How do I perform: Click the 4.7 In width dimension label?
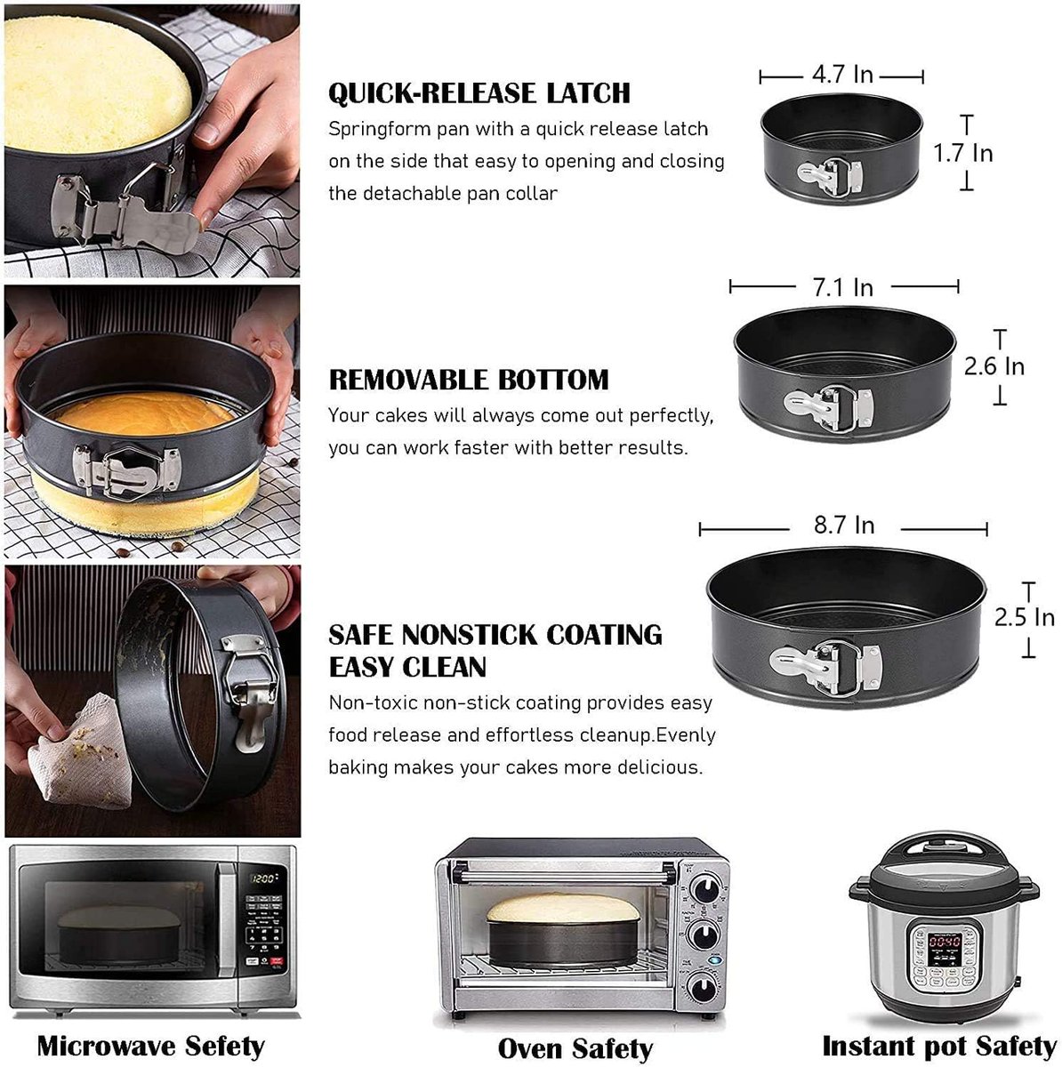841,75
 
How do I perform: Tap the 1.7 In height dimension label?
962,153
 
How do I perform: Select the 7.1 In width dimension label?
842,287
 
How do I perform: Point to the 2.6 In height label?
994,365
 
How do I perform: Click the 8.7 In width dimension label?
843,525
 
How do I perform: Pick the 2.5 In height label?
1024,617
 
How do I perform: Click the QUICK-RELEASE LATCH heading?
479,92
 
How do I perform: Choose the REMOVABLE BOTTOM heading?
469,380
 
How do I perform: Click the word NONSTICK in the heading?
470,635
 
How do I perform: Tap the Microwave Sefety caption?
150,1046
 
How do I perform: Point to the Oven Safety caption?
575,1049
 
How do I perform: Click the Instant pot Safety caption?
938,1046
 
